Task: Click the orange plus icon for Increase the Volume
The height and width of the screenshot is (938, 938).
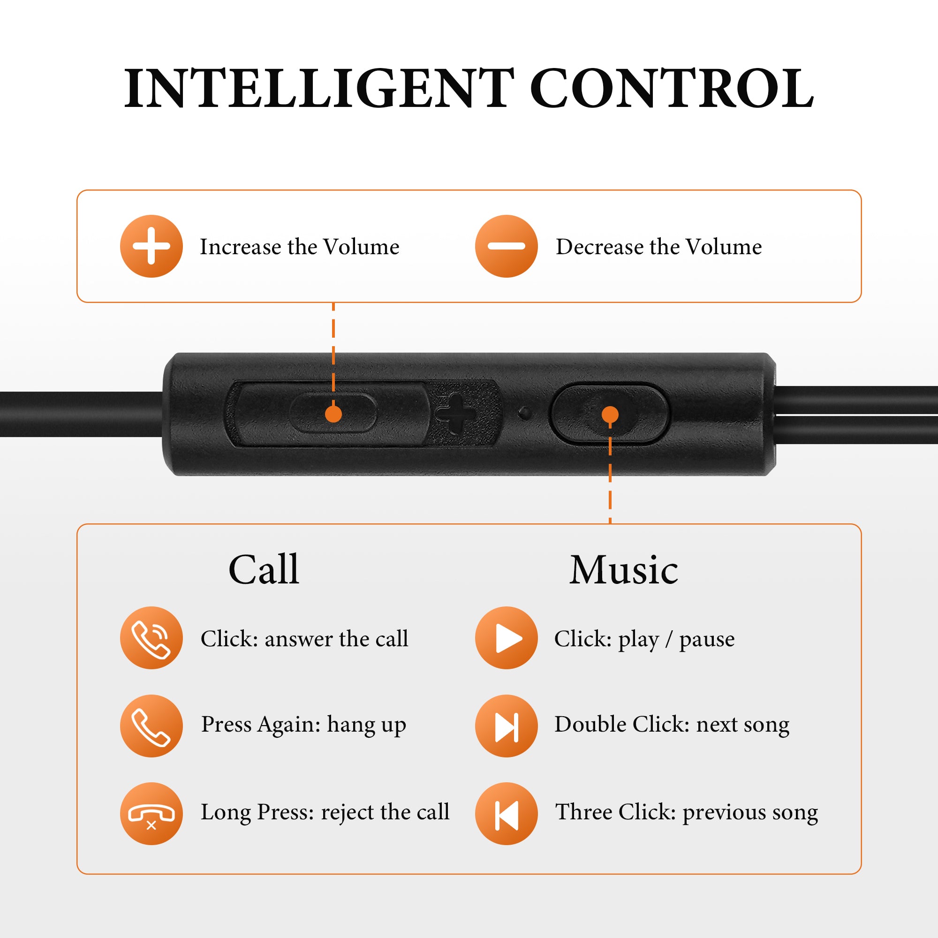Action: coord(151,246)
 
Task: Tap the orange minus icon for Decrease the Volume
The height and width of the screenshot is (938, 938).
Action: coord(507,246)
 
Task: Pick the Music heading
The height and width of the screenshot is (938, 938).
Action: coord(623,569)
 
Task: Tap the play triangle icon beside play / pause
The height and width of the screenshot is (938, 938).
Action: coord(507,638)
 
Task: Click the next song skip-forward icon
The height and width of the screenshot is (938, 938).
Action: coord(507,726)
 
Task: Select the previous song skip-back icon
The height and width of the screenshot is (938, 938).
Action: coord(507,814)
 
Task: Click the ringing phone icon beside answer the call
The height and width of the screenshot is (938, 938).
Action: coord(151,638)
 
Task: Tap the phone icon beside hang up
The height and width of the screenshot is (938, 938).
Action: coord(151,726)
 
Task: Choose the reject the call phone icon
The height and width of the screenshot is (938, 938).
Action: coord(151,814)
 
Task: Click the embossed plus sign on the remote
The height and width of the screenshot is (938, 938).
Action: coord(455,414)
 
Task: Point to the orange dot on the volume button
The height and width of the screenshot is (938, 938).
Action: coord(333,414)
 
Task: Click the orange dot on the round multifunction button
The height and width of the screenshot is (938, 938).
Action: coord(610,414)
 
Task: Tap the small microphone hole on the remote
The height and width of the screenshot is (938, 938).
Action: coord(524,413)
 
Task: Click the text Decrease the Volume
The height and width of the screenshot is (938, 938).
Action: coord(659,247)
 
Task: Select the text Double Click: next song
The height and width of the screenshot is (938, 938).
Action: coord(672,725)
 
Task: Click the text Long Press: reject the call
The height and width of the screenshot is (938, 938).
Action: coord(325,813)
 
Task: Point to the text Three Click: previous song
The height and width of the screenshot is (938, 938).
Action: coord(687,813)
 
